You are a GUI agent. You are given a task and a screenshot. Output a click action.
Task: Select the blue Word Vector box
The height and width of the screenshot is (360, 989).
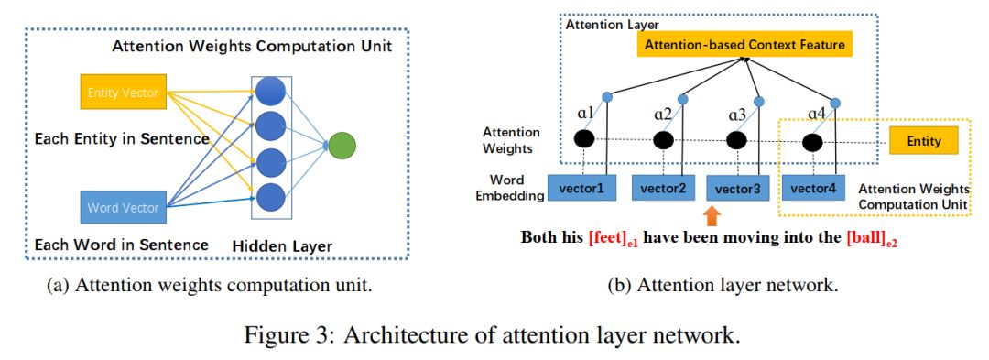[x=124, y=207]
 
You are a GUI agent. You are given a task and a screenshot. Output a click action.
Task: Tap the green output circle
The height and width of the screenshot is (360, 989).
[x=342, y=146]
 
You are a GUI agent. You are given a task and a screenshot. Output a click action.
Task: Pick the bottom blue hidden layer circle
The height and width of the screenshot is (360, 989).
[x=271, y=197]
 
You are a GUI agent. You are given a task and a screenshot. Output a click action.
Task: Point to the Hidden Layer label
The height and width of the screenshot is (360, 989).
[x=281, y=246]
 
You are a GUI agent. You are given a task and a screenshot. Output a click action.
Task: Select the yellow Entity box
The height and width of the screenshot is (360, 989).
[x=923, y=140]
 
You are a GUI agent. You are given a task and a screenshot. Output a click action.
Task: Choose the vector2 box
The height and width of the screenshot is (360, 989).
[x=663, y=187]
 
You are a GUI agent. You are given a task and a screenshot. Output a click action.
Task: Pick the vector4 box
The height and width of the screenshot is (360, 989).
[x=813, y=187]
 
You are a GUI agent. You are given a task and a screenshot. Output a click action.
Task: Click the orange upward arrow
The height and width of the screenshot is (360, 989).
[x=712, y=215]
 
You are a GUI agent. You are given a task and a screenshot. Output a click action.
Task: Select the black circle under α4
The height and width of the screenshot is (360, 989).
[x=812, y=143]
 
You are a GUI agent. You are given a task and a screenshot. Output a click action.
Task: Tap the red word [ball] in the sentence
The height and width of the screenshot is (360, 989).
[x=865, y=239]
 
